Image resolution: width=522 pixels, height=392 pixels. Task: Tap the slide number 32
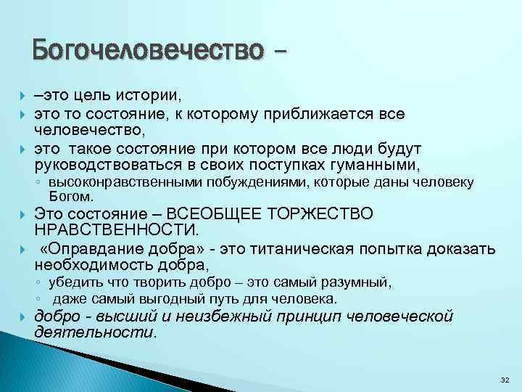[x=505, y=380]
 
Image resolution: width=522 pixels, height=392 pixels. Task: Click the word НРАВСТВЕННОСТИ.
[x=115, y=230]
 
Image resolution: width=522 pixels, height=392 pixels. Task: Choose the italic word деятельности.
[x=95, y=332]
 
